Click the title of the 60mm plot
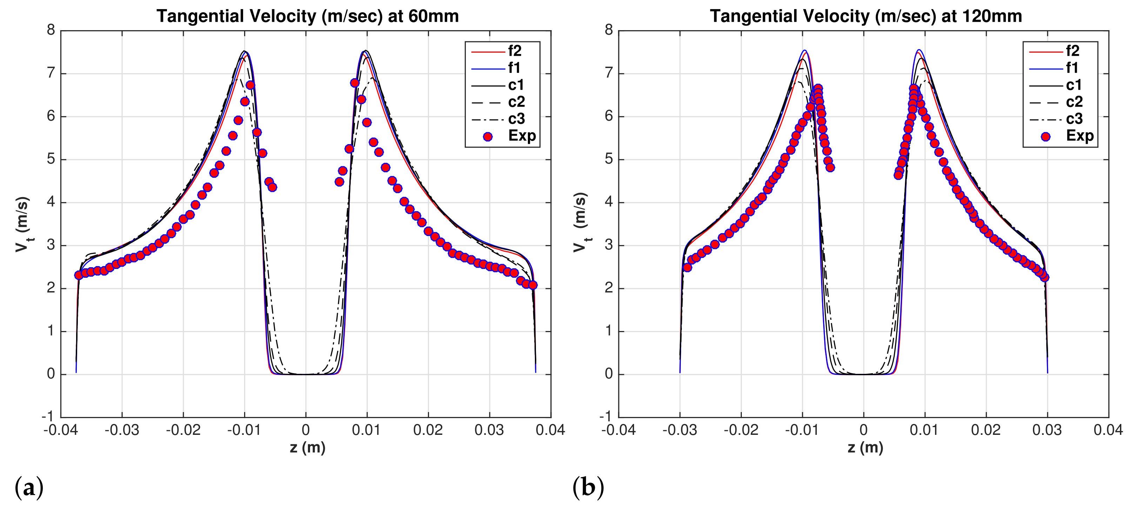click(x=308, y=16)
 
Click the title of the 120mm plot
click(x=865, y=16)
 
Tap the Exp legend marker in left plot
click(x=487, y=137)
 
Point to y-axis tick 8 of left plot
click(x=51, y=31)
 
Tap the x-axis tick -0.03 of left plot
click(x=122, y=430)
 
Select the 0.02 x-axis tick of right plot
click(x=986, y=430)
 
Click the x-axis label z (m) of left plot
click(x=308, y=448)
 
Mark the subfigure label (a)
click(x=29, y=488)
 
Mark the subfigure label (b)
click(x=588, y=488)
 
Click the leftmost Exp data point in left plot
click(x=79, y=275)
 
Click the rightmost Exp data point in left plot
click(x=533, y=285)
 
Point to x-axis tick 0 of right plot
click(x=863, y=430)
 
